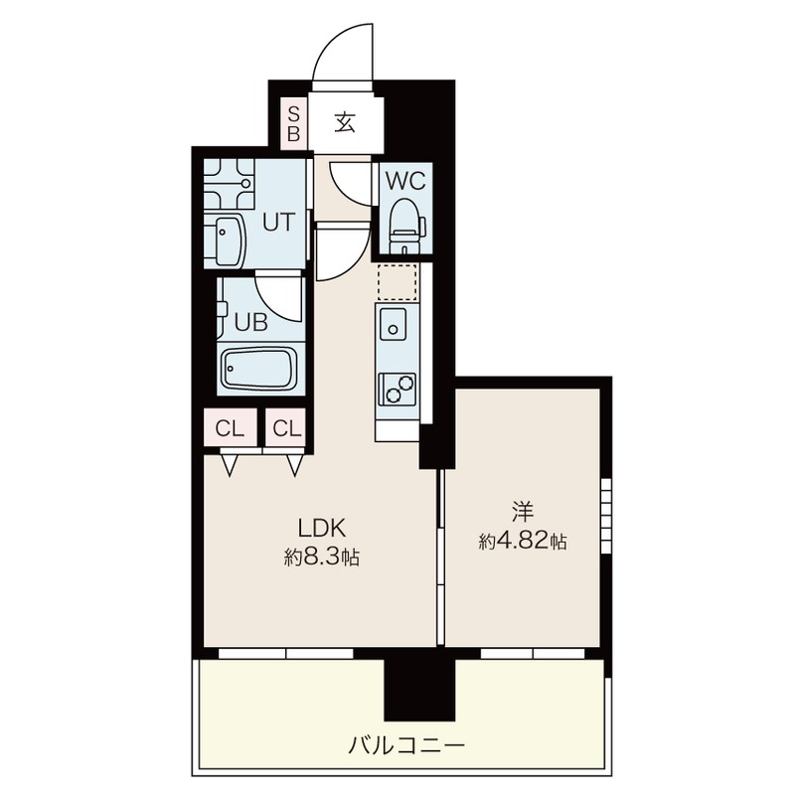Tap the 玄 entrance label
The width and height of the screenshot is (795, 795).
[x=345, y=122]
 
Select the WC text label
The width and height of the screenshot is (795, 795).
[x=405, y=181]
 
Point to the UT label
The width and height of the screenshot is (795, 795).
[x=278, y=222]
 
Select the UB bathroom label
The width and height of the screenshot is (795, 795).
[x=251, y=322]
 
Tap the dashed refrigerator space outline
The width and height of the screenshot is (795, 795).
[x=397, y=281]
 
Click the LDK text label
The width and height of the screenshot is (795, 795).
[x=321, y=529]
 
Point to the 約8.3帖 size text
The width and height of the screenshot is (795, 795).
[x=321, y=557]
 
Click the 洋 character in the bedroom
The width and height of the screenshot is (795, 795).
[x=523, y=512]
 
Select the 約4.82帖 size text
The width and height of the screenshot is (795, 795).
[x=523, y=542]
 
